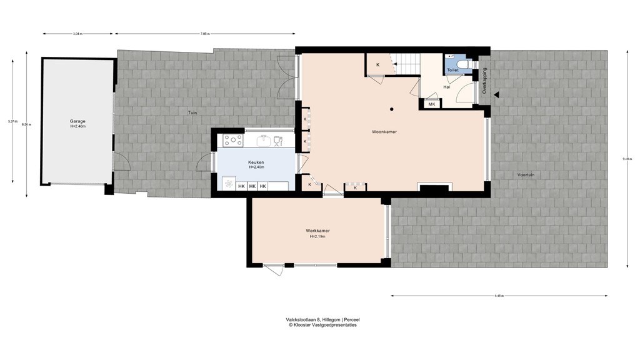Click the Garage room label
[x=77, y=121]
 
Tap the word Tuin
[x=192, y=112]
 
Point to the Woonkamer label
[x=384, y=132]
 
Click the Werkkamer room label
[x=317, y=231]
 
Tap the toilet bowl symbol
[x=462, y=64]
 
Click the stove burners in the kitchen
[x=232, y=141]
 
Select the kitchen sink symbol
[x=265, y=140]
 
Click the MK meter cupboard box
[x=431, y=104]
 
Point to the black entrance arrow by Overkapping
[x=497, y=95]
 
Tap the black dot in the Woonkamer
[x=391, y=109]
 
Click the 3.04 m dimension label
[x=77, y=33]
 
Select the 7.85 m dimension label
[x=205, y=33]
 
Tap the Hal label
[x=447, y=87]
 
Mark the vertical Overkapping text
[x=484, y=81]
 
